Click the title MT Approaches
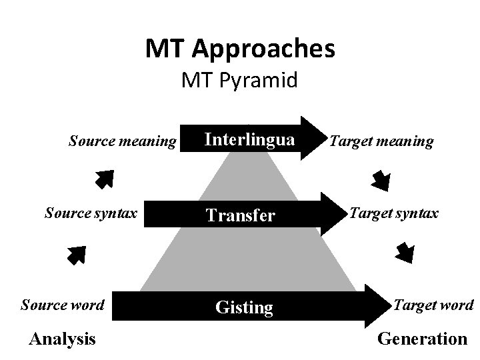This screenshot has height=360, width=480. [x=240, y=49]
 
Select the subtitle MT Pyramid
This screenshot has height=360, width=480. [x=240, y=81]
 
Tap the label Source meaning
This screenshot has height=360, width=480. [x=123, y=141]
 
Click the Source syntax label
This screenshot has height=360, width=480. [x=91, y=213]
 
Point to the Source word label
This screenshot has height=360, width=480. [x=63, y=305]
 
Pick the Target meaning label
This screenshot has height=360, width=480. [x=382, y=141]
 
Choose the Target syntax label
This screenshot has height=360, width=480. [x=394, y=213]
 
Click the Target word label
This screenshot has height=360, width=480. [x=434, y=305]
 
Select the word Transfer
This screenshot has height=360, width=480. [x=240, y=215]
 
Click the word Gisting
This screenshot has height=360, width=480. [x=244, y=307]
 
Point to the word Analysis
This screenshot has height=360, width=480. [x=63, y=339]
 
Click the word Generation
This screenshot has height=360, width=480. [x=423, y=339]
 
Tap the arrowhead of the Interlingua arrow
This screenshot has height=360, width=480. [x=309, y=138]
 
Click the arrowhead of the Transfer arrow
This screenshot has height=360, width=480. [x=330, y=213]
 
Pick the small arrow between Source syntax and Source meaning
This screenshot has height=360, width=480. [x=103, y=179]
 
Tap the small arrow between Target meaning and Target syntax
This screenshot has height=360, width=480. [x=381, y=179]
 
